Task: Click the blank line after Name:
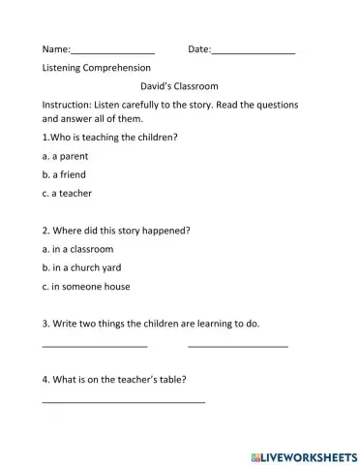pos(113,50)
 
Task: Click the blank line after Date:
pos(253,50)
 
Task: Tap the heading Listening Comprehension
pos(97,68)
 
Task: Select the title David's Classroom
pos(180,86)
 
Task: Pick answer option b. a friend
pos(64,174)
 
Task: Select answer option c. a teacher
pos(67,193)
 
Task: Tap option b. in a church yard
pos(82,267)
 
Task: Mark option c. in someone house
pos(86,286)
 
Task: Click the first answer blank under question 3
pos(95,346)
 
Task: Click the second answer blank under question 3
pos(238,346)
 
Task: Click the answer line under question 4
pos(124,400)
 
